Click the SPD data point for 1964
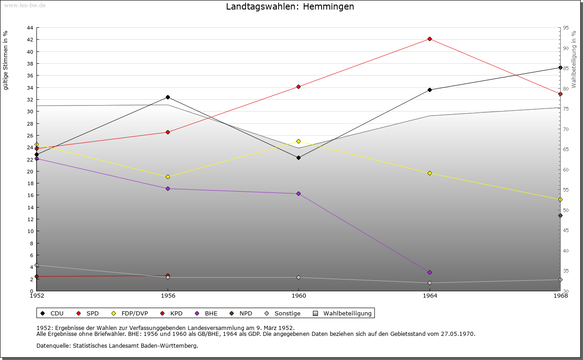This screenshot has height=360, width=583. (430, 39)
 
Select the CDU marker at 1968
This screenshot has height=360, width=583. (560, 68)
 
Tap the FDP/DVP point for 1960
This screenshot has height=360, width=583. (298, 141)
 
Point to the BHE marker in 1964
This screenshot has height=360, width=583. (430, 272)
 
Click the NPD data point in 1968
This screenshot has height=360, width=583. (560, 215)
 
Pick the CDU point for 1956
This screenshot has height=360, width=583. (168, 97)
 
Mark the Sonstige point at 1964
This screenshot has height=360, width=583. (430, 283)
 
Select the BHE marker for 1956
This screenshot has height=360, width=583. (168, 188)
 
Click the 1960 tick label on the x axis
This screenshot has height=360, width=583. (298, 296)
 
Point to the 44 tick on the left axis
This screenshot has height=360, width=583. (30, 28)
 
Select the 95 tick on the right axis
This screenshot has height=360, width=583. (566, 28)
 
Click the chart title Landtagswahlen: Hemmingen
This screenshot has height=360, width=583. (290, 7)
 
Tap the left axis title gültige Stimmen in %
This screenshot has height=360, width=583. (6, 60)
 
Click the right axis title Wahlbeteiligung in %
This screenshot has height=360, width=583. (574, 59)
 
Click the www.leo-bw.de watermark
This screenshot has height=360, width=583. (24, 5)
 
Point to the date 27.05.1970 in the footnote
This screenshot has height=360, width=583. (458, 334)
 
